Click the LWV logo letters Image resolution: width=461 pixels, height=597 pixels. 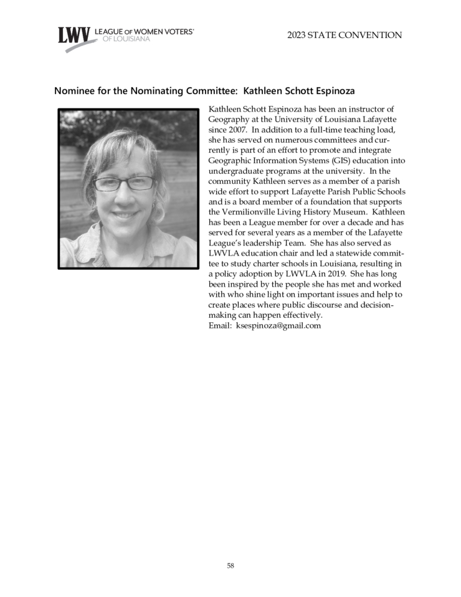click(74, 36)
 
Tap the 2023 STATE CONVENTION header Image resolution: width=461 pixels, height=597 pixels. click(345, 36)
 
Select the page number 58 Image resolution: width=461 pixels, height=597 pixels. click(230, 566)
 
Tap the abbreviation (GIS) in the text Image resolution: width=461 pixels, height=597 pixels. click(332, 160)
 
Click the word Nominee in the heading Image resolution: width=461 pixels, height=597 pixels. click(75, 91)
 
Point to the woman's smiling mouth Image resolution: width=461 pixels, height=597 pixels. click(125, 214)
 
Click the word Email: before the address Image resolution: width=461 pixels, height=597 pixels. click(220, 325)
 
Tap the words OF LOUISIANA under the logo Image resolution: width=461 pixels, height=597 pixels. click(122, 39)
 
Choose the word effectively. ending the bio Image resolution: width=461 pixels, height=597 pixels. click(296, 315)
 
